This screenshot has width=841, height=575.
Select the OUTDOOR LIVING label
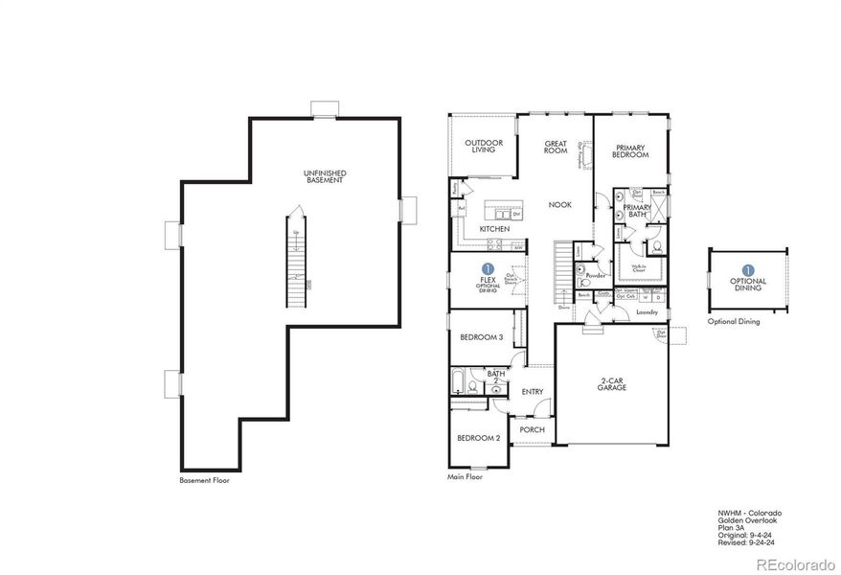pyautogui.click(x=484, y=146)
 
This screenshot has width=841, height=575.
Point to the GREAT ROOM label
pyautogui.click(x=556, y=148)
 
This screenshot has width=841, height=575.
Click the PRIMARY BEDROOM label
pyautogui.click(x=631, y=150)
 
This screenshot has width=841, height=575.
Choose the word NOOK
pyautogui.click(x=560, y=204)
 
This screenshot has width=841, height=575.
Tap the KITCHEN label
pyautogui.click(x=494, y=230)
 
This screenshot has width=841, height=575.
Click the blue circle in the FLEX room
pyautogui.click(x=489, y=269)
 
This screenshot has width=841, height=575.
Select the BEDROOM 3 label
pyautogui.click(x=481, y=337)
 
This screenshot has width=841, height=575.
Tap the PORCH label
pyautogui.click(x=532, y=429)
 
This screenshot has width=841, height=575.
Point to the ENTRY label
pyautogui.click(x=532, y=391)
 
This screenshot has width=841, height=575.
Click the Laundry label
pyautogui.click(x=646, y=312)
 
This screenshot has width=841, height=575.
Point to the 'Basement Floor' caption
pyautogui.click(x=204, y=479)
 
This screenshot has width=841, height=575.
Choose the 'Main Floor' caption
pyautogui.click(x=466, y=476)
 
